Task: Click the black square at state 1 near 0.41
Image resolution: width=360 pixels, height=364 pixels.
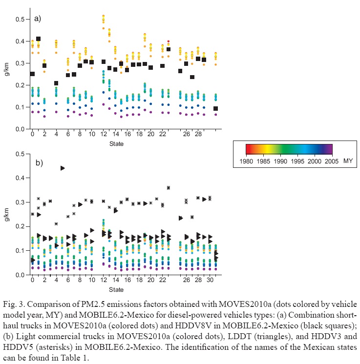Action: click(38, 39)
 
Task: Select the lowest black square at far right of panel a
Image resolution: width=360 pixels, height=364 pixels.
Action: click(215, 109)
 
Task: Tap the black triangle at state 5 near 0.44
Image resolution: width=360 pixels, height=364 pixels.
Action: click(63, 168)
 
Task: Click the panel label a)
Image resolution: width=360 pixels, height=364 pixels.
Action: click(38, 19)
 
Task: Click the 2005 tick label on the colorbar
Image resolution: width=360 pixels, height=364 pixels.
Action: click(333, 160)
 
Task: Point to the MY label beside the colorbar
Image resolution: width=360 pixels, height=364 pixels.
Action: click(348, 160)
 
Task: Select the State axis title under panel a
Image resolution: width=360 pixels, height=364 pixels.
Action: click(116, 143)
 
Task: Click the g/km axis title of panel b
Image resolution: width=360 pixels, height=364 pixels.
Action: click(7, 214)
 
